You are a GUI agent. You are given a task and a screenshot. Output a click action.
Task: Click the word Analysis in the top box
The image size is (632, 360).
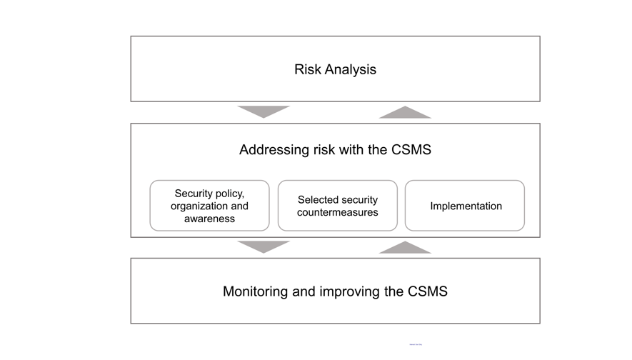[350, 69]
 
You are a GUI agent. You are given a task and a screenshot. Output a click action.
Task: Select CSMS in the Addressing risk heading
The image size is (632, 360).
[411, 150]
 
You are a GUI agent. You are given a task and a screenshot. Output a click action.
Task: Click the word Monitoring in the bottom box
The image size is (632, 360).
[256, 291]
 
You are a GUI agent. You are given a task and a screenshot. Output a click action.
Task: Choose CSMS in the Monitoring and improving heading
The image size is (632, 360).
[427, 291]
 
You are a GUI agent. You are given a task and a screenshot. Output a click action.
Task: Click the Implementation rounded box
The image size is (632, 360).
[465, 206]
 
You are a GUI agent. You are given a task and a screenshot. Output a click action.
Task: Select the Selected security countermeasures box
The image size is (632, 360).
[337, 206]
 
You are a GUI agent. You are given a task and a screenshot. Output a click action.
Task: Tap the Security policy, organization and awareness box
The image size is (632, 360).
[209, 206]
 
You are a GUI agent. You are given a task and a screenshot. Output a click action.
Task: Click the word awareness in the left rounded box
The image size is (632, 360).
[209, 219]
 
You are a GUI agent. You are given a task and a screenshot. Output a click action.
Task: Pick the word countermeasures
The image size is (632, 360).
[338, 212]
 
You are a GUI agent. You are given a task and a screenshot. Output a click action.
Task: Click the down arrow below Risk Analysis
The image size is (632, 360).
[264, 111]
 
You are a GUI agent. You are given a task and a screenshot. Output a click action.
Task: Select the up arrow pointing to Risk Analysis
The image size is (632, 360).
[405, 113]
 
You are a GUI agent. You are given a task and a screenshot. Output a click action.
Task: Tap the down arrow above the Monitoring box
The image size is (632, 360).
[264, 246]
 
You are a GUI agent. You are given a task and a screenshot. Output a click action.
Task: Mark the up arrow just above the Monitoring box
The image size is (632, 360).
[405, 248]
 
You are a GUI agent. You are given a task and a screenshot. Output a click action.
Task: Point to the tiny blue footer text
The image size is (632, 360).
[416, 344]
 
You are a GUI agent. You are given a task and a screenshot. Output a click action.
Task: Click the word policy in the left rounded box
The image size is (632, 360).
[229, 193]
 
